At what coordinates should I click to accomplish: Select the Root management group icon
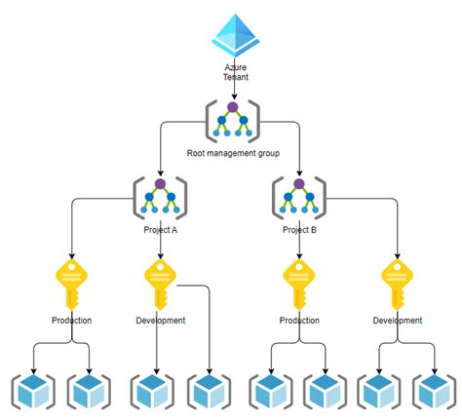click(233, 122)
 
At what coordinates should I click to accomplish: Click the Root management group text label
click(233, 153)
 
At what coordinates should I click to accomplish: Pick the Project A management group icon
click(160, 198)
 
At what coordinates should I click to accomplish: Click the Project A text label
click(160, 230)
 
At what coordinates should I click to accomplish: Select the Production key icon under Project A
click(72, 284)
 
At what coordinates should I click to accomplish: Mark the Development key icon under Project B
click(398, 284)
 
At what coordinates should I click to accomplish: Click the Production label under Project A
click(72, 320)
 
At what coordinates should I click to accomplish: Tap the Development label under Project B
click(398, 320)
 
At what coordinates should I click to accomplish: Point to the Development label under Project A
click(160, 320)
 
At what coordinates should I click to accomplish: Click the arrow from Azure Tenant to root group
click(234, 90)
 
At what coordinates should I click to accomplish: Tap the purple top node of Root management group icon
click(233, 106)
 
